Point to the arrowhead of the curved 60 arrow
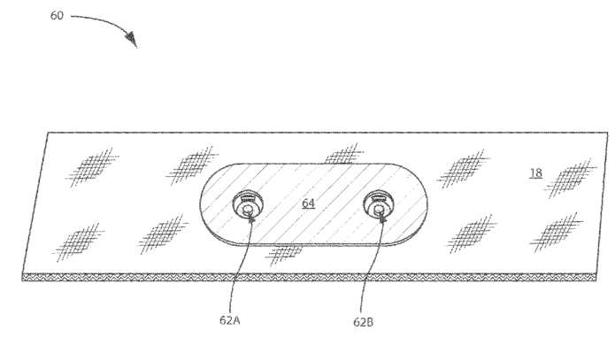coord(133,40)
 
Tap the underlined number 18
coord(535,173)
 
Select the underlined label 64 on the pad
coord(308,204)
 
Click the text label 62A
coord(229,321)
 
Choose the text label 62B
coord(362,321)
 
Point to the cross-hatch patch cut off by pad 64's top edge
coord(341,157)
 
